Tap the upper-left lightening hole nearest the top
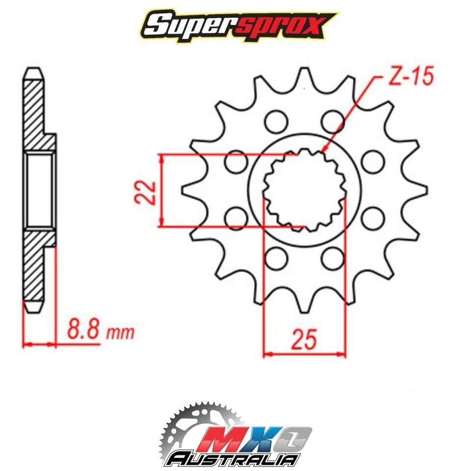click(274, 121)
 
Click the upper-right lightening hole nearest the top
click(334, 121)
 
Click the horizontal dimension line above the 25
click(304, 354)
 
